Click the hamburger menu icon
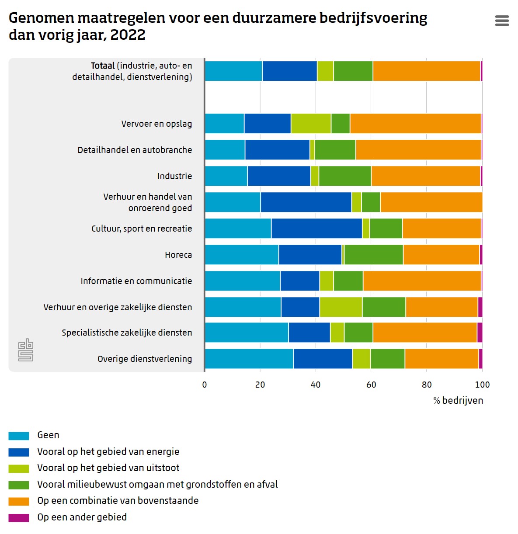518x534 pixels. [502, 21]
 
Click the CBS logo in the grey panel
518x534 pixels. [26, 350]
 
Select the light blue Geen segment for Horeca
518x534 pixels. [242, 255]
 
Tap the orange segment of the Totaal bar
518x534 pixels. [426, 71]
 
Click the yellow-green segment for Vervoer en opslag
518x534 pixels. [311, 124]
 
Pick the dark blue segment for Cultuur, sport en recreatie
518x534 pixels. [316, 229]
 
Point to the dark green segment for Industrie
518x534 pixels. [345, 176]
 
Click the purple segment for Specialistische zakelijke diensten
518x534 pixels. [480, 333]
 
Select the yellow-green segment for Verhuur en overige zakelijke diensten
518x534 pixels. [341, 307]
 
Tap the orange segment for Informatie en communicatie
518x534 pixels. [422, 281]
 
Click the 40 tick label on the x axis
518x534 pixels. [316, 385]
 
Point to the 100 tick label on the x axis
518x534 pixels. [482, 385]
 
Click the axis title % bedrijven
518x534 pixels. [458, 401]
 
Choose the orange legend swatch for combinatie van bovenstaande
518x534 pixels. [19, 501]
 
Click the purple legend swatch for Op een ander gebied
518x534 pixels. [19, 518]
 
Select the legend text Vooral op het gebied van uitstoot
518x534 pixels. [108, 468]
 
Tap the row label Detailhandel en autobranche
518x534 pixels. [135, 150]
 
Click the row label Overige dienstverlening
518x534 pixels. [145, 359]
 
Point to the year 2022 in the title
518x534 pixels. [128, 35]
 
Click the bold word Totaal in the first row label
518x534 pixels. [103, 66]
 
